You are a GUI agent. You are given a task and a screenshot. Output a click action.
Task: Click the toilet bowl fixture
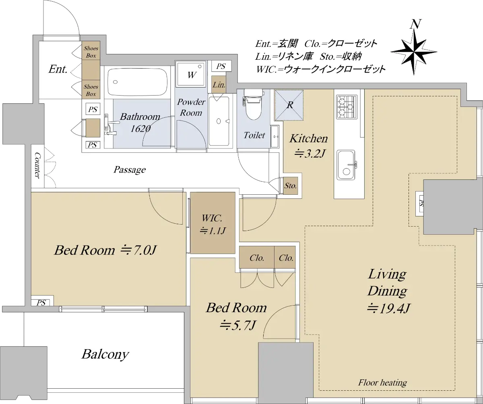click(254, 104)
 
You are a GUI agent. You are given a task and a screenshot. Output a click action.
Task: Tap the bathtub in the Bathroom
click(137, 82)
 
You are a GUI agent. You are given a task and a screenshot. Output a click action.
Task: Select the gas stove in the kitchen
click(347, 107)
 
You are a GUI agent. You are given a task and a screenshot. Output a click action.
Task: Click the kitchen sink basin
click(346, 165)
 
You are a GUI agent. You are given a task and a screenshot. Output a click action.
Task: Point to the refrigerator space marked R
click(289, 105)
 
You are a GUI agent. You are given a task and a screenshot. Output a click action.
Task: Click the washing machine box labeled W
click(190, 75)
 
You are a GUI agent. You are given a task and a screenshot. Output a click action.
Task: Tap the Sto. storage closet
click(291, 185)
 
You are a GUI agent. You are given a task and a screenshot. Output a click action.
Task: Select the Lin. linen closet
click(219, 85)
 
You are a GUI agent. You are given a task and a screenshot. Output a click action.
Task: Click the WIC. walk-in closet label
click(212, 218)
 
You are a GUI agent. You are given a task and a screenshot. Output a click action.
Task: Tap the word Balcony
click(105, 354)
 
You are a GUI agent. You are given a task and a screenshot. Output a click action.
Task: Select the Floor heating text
click(383, 382)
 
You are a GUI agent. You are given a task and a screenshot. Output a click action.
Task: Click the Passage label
click(130, 170)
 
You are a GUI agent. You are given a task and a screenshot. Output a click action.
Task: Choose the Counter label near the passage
click(37, 165)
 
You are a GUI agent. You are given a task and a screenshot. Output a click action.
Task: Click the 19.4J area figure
click(389, 308)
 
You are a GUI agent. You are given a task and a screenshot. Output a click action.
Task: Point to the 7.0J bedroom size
click(138, 250)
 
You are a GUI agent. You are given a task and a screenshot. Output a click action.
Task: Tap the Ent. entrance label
click(58, 69)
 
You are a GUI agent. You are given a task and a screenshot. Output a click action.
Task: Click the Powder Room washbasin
click(219, 121)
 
